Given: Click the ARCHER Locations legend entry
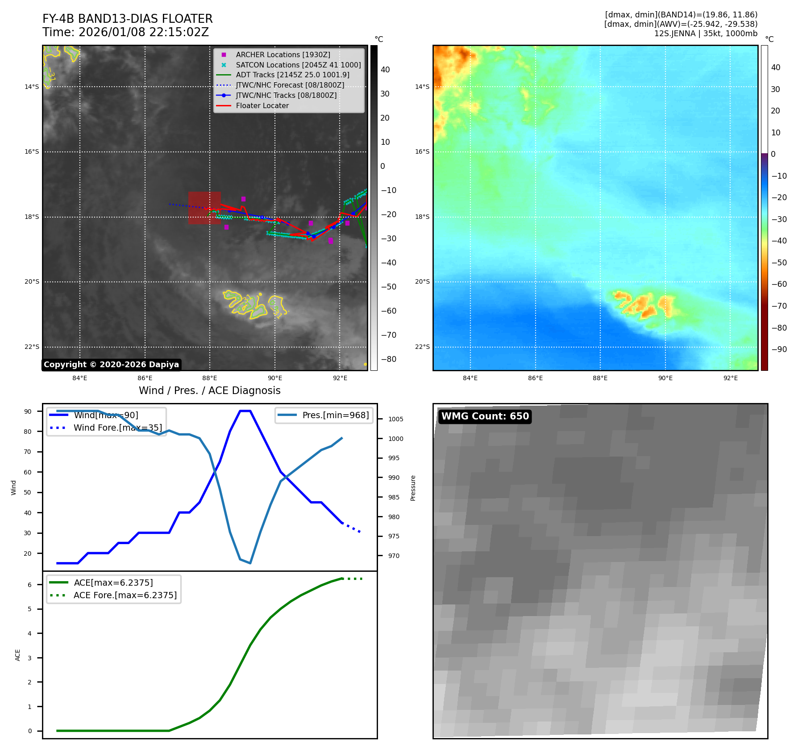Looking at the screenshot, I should click(283, 55).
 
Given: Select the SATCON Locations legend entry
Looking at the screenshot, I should click(298, 65).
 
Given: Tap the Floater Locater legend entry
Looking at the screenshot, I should click(262, 106).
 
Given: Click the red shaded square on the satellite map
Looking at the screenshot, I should click(204, 208).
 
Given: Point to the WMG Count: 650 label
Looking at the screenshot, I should click(485, 416).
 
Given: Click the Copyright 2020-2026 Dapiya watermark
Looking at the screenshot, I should click(111, 365).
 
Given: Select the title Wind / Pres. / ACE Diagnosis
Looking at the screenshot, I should click(210, 390).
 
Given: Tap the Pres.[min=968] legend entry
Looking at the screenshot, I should click(335, 415).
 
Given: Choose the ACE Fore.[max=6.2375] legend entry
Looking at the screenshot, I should click(125, 595).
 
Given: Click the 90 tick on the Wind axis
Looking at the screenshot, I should click(28, 411).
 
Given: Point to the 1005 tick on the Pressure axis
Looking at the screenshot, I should click(395, 419).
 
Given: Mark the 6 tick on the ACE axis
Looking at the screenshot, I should click(30, 585).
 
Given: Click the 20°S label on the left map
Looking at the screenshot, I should click(32, 282).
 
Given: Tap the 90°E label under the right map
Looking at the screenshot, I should click(665, 378).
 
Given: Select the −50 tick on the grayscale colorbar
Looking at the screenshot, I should click(388, 287).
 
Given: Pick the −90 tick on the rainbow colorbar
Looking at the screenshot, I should click(779, 349).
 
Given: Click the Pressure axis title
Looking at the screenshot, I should click(413, 488).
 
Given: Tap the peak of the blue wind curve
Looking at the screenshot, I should click(245, 411).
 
